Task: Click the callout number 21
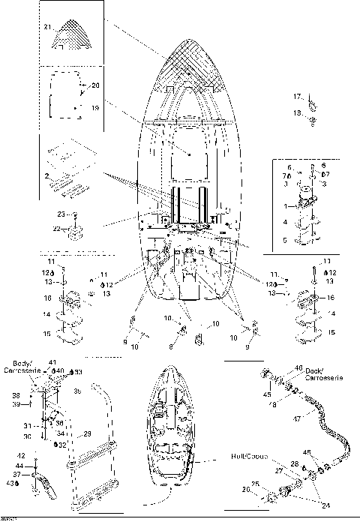(x=46, y=27)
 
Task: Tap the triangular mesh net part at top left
(x=73, y=36)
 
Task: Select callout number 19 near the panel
(x=95, y=108)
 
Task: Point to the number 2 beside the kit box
(x=46, y=176)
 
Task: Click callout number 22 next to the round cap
(x=57, y=228)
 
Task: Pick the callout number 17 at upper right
(x=296, y=95)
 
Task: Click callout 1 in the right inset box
(x=286, y=205)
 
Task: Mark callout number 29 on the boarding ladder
(x=87, y=433)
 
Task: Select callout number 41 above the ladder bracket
(x=52, y=363)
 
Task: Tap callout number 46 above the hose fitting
(x=298, y=367)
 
